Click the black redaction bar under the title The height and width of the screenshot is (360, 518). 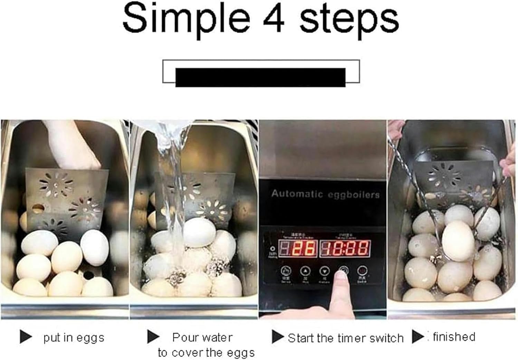point(260,77)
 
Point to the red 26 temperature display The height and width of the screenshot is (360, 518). point(298,248)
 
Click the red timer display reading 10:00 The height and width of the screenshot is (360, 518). point(345,249)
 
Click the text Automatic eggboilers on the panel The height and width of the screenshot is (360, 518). point(325,194)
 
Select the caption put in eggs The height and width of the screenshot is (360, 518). point(74,338)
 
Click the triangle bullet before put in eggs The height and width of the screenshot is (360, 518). point(26,337)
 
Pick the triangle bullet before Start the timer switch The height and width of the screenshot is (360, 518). point(277,337)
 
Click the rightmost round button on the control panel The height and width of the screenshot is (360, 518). point(362,271)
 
